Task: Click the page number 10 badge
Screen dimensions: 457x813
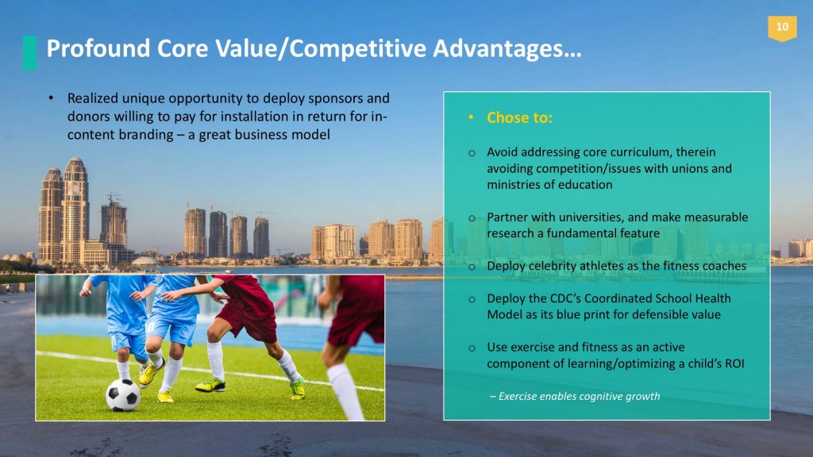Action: pyautogui.click(x=782, y=28)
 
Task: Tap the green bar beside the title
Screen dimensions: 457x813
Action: pyautogui.click(x=29, y=52)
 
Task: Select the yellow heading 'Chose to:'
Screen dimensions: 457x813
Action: pyautogui.click(x=519, y=117)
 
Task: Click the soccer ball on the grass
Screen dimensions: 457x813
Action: pyautogui.click(x=122, y=394)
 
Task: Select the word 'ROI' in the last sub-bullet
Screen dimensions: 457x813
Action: pyautogui.click(x=734, y=363)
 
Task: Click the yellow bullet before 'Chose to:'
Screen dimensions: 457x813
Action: pyautogui.click(x=471, y=118)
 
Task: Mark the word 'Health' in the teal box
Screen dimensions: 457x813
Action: pyautogui.click(x=712, y=298)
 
